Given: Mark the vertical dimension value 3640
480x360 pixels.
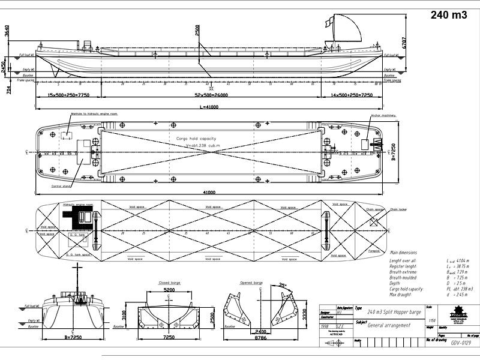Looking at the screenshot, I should (x=5, y=30).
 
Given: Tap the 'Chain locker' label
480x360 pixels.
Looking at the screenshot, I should (x=398, y=209).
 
